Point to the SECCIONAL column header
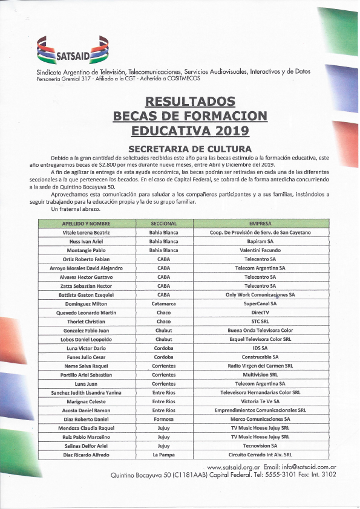[x=163, y=223]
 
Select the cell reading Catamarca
[x=163, y=303]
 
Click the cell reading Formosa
[x=163, y=419]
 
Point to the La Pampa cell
[x=163, y=455]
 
